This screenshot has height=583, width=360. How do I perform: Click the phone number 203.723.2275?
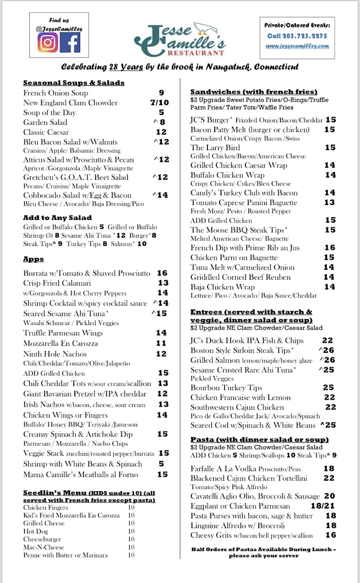(297, 35)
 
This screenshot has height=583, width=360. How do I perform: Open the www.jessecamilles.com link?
(297, 46)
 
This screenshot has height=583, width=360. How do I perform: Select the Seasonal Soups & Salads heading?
(74, 83)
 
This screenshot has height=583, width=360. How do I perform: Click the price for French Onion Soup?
(162, 93)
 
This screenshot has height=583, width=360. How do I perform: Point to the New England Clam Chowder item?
(70, 103)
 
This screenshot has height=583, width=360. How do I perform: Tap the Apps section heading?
(34, 259)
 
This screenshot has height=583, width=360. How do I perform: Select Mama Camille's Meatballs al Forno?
(81, 475)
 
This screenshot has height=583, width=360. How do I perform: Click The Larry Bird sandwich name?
(215, 147)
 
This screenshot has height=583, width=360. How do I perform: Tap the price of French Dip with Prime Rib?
(329, 247)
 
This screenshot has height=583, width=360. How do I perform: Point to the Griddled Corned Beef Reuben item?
(240, 277)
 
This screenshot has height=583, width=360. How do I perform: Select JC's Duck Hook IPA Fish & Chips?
(247, 341)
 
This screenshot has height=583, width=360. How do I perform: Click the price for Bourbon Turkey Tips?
(328, 388)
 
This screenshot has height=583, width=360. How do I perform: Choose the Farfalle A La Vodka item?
(226, 469)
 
